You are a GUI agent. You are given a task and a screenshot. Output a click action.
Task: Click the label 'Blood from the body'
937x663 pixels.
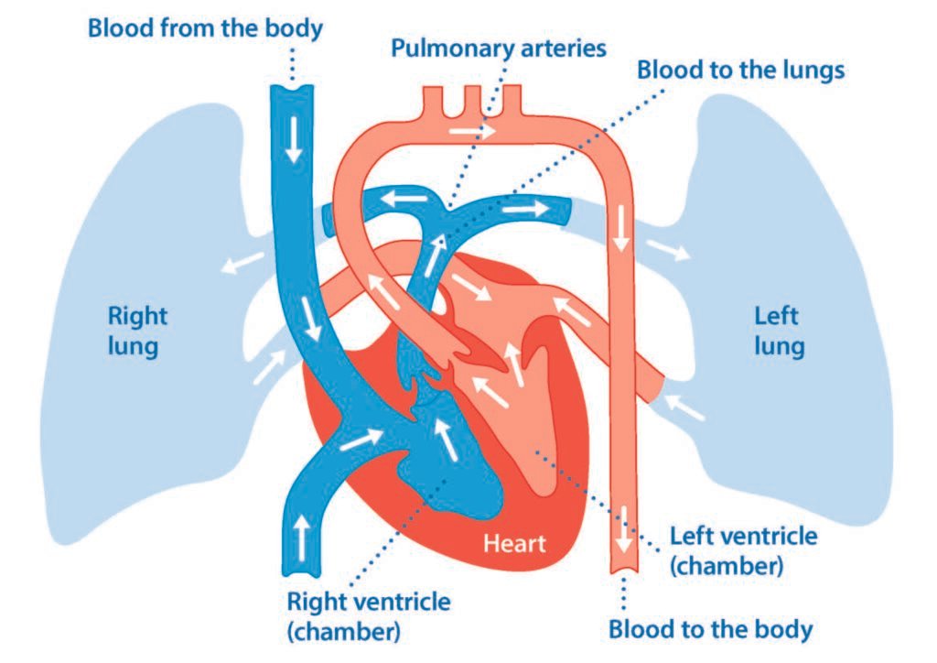coord(205,27)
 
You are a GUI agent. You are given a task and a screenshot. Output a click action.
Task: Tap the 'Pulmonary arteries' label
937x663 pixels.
coord(499,48)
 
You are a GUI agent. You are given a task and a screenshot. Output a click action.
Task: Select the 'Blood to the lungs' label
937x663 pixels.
coord(740,70)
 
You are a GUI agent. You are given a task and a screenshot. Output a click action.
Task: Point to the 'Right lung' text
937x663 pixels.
coord(138,331)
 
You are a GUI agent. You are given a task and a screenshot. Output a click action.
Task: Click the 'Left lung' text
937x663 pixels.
coord(779,331)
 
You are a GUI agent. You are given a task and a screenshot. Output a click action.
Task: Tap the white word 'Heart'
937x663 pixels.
coord(513,545)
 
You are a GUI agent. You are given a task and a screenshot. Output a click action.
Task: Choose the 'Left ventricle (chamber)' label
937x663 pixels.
coord(743,549)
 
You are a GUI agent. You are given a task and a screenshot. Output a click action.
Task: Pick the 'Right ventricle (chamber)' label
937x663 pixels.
coord(369,616)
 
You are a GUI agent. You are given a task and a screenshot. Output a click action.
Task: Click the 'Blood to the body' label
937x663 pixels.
coord(710,630)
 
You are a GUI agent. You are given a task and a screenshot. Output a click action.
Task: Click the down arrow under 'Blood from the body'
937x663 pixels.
coord(294,141)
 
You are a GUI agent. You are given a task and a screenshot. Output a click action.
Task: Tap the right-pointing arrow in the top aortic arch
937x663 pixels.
coord(473,132)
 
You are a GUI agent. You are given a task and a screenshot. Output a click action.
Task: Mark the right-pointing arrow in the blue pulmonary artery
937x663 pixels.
coord(520,209)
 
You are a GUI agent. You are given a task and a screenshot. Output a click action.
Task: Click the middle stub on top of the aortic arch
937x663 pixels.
coord(472,95)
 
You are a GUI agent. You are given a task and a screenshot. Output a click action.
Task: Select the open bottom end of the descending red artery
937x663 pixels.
coord(624,572)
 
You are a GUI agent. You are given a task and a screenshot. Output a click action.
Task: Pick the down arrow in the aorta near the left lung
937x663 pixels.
coord(621,229)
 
